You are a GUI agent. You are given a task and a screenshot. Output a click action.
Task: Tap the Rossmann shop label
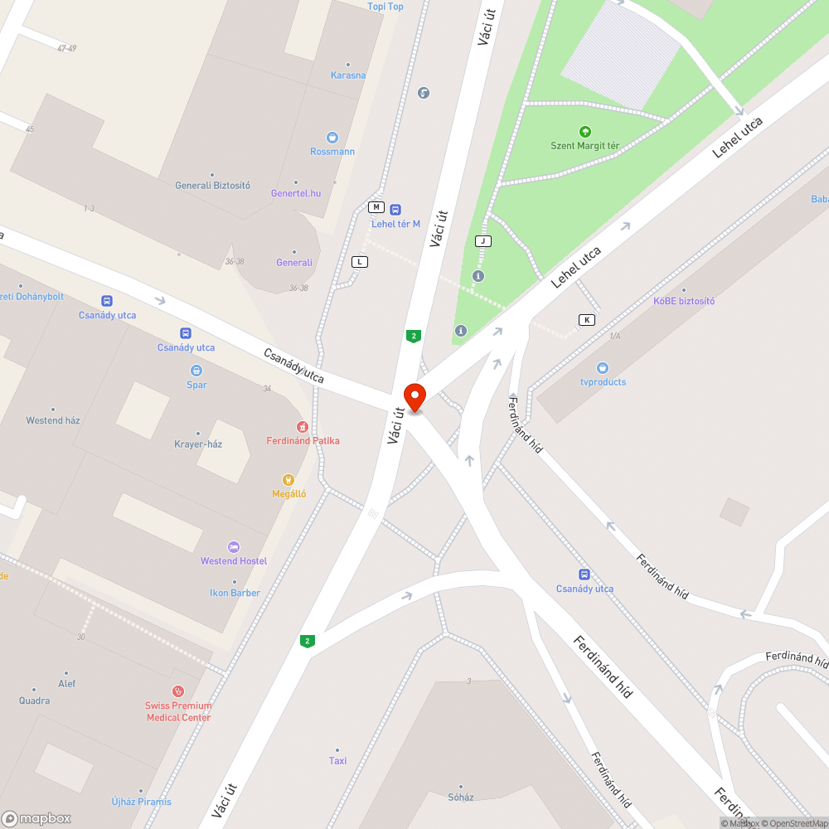point(332,151)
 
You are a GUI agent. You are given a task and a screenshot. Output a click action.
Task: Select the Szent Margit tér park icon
point(584,132)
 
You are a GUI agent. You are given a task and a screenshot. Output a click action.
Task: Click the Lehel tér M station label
point(395,224)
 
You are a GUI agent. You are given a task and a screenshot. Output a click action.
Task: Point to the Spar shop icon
point(196,371)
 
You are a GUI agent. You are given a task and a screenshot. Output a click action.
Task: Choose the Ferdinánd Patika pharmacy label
point(303,440)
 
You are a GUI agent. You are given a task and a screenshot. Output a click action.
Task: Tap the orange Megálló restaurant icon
point(288,479)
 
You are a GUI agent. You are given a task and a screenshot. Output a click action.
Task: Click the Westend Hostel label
point(234,561)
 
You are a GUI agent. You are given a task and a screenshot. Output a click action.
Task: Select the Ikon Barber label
point(235,593)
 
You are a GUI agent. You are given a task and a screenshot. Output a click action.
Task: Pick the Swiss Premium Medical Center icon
point(177,691)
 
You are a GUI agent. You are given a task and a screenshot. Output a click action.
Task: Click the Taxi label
point(337,760)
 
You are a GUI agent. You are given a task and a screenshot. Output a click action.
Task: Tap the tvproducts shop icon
point(603,368)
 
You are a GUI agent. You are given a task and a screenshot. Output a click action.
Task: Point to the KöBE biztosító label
point(684,301)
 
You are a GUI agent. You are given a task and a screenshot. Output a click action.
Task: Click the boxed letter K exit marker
point(587,320)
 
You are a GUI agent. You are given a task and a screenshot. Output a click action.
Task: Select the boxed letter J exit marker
point(482,241)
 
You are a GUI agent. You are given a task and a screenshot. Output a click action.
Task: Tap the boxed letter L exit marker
point(359,262)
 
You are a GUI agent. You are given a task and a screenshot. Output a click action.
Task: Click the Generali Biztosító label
point(212,186)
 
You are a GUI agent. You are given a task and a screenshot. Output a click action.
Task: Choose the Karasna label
point(348,75)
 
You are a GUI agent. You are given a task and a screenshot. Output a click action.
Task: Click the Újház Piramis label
point(142,802)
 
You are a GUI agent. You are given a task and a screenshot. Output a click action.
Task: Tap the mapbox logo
point(37,818)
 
